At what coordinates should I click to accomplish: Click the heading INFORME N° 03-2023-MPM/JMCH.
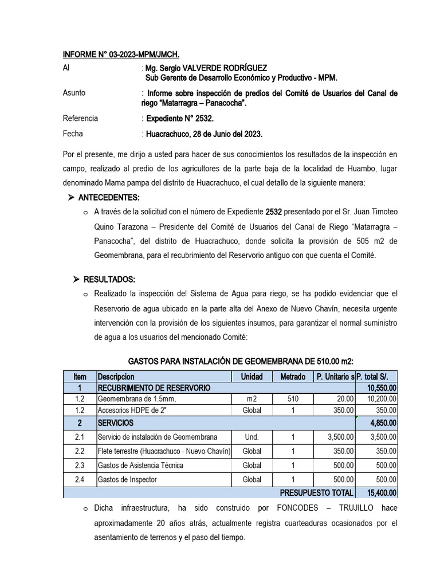(121, 55)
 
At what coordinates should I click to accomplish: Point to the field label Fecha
(73, 134)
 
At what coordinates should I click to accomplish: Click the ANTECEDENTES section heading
(112, 198)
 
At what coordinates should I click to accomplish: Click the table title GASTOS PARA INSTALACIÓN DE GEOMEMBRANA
(241, 362)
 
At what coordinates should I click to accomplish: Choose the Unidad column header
(252, 377)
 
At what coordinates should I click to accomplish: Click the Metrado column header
(293, 377)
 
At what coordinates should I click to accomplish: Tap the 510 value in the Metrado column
(293, 399)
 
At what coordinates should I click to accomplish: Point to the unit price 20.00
(344, 399)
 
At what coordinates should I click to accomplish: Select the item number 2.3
(80, 465)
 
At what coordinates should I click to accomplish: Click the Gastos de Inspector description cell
(127, 479)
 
